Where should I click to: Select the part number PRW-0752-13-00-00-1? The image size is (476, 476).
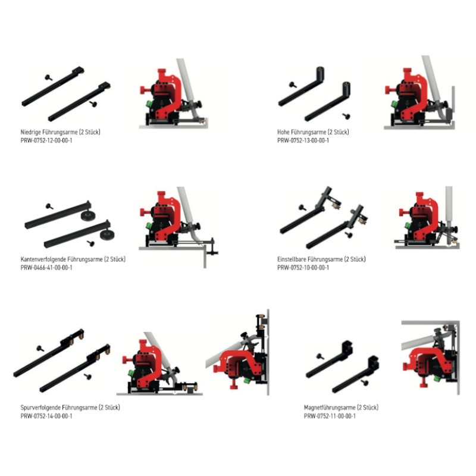tap(303, 140)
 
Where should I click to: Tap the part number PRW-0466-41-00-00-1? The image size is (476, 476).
tap(46, 268)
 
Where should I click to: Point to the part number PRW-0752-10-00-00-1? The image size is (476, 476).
tap(303, 268)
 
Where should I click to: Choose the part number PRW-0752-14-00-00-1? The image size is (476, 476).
tap(46, 416)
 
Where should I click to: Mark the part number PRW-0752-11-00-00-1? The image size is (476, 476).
tap(330, 416)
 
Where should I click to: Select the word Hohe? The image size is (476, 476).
tap(284, 132)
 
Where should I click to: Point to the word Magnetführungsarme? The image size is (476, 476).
tap(329, 408)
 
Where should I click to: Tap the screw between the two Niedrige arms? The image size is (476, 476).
tap(47, 77)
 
